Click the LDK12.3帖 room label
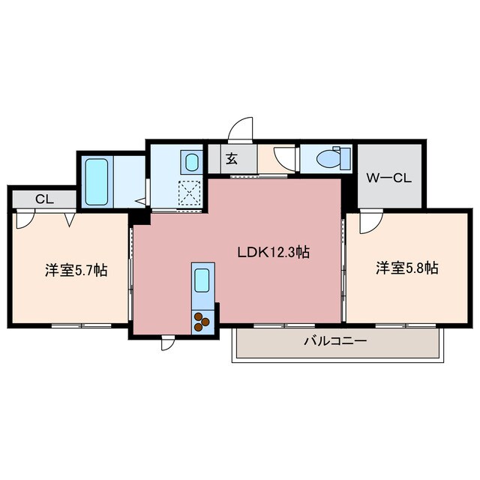[274, 252]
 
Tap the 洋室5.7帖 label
[76, 270]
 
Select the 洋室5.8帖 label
[406, 268]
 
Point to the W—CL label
[388, 178]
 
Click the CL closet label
[45, 199]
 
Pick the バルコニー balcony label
[335, 340]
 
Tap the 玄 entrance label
[232, 158]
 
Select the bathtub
[97, 181]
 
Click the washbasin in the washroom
[192, 162]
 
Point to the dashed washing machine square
[190, 193]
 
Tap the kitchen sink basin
[202, 280]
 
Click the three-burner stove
[202, 322]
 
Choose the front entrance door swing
[241, 130]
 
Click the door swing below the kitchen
[168, 343]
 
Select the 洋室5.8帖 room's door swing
[371, 221]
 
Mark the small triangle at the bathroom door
[141, 201]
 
